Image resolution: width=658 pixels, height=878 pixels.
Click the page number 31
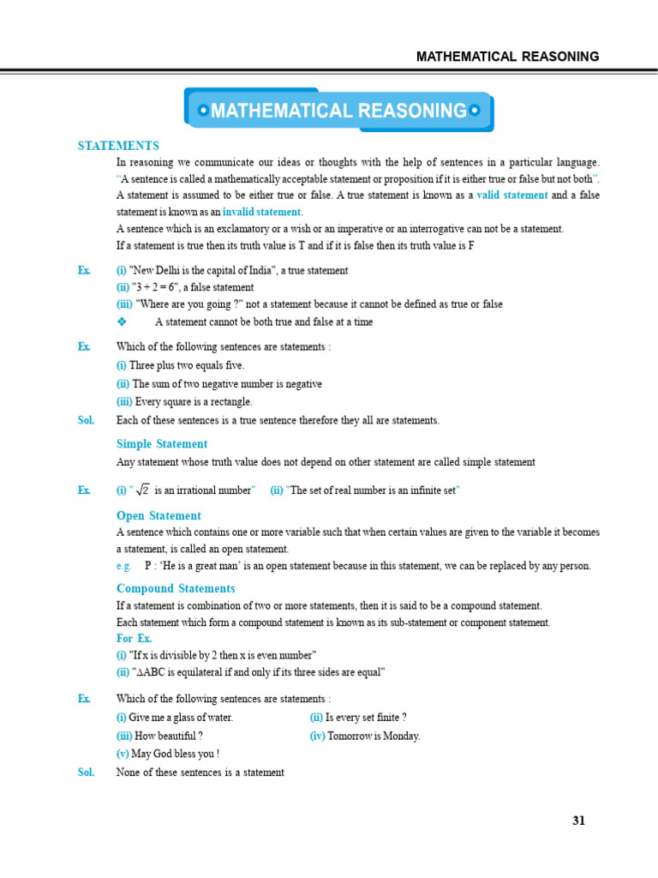578,821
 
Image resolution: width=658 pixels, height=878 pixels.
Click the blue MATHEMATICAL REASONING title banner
339,111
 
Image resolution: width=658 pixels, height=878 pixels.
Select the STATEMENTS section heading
118,146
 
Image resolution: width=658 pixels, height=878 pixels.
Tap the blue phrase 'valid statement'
512,195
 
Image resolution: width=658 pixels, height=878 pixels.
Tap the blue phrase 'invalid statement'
261,212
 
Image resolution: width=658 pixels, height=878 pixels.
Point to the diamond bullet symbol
121,322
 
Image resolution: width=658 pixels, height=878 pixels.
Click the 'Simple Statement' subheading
162,444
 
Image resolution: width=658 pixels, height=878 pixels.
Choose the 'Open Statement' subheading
159,516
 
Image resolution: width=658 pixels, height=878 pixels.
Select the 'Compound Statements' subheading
175,589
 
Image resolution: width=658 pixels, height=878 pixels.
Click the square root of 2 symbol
142,490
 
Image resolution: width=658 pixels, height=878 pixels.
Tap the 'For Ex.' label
135,639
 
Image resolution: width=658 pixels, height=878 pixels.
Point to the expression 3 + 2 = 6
160,288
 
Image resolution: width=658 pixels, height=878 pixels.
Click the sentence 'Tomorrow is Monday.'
374,736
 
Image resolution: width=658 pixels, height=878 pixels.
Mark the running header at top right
507,57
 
